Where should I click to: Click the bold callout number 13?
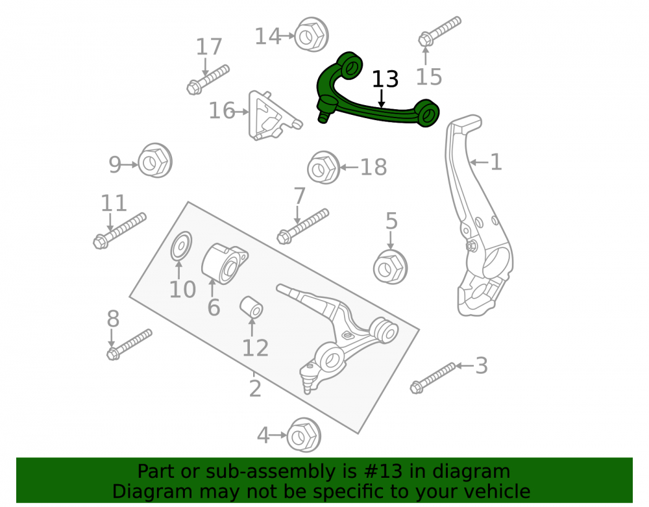385,79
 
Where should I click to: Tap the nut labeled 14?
312,35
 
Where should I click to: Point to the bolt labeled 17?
208,79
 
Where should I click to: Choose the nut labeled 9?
154,161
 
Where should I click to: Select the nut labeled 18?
324,167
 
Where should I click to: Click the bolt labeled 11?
119,231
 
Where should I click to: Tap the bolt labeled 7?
303,227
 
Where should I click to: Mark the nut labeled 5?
390,267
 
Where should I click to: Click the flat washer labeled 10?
181,246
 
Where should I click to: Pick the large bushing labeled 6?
225,264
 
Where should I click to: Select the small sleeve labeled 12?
251,308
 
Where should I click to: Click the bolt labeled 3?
433,378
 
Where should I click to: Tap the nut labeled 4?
304,435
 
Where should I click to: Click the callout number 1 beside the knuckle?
496,162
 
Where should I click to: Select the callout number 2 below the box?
255,389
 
